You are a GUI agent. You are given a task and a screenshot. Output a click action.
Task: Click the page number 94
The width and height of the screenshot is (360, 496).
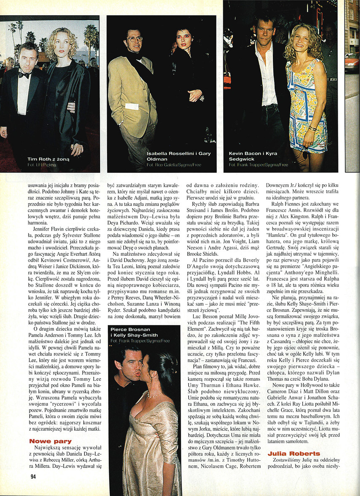point(33,476)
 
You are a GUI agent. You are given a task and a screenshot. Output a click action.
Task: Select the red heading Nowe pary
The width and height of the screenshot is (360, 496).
point(51,441)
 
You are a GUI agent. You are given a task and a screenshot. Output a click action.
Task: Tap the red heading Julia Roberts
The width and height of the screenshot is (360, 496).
point(293,453)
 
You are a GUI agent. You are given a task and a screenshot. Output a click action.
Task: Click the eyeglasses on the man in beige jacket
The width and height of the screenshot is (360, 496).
point(134,39)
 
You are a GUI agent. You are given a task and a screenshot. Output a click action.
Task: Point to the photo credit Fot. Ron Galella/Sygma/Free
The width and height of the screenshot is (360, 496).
point(174,164)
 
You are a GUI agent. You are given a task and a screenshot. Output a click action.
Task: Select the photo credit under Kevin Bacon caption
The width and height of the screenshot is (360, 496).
point(258,165)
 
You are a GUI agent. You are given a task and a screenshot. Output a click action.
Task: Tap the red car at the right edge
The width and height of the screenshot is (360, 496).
point(352,62)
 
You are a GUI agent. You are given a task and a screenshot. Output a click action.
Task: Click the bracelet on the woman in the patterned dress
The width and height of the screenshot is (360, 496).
point(312,127)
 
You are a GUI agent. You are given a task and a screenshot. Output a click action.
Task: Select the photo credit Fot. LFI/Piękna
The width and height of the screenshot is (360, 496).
point(42,164)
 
